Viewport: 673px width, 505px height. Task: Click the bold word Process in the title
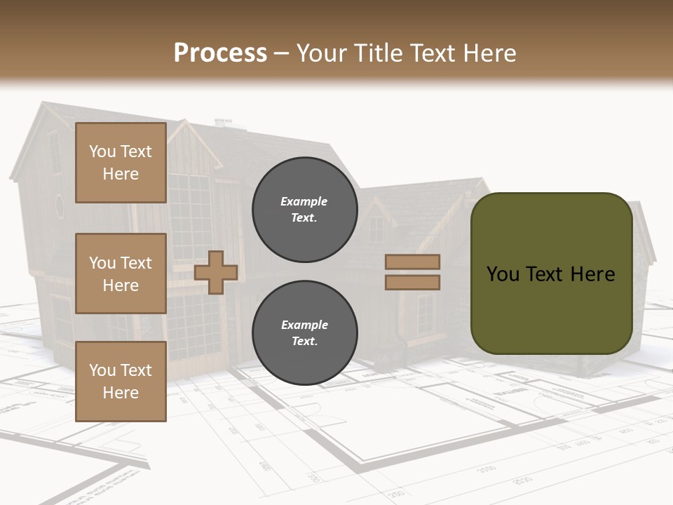point(220,53)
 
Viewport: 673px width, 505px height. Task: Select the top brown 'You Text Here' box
point(121,163)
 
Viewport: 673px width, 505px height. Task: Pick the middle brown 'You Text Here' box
point(121,274)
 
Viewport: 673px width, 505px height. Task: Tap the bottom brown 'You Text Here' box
point(121,381)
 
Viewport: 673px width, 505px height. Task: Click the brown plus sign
point(215,271)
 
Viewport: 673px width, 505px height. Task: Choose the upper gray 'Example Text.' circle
point(304,209)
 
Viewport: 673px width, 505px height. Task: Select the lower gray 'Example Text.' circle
point(304,332)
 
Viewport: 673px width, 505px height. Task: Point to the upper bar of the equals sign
point(413,262)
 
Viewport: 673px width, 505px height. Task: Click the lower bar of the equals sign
point(413,282)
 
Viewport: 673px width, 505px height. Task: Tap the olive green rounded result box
point(551,274)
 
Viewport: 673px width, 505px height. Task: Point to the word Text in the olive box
point(549,274)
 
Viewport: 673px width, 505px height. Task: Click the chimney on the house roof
point(223,123)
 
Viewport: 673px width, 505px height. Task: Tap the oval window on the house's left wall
point(60,206)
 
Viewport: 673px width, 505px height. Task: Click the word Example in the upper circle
point(304,201)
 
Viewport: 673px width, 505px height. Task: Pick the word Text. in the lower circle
point(304,342)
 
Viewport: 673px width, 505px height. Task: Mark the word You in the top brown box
point(102,151)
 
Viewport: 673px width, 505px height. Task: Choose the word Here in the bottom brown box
point(121,393)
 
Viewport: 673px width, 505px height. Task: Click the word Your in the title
point(323,53)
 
